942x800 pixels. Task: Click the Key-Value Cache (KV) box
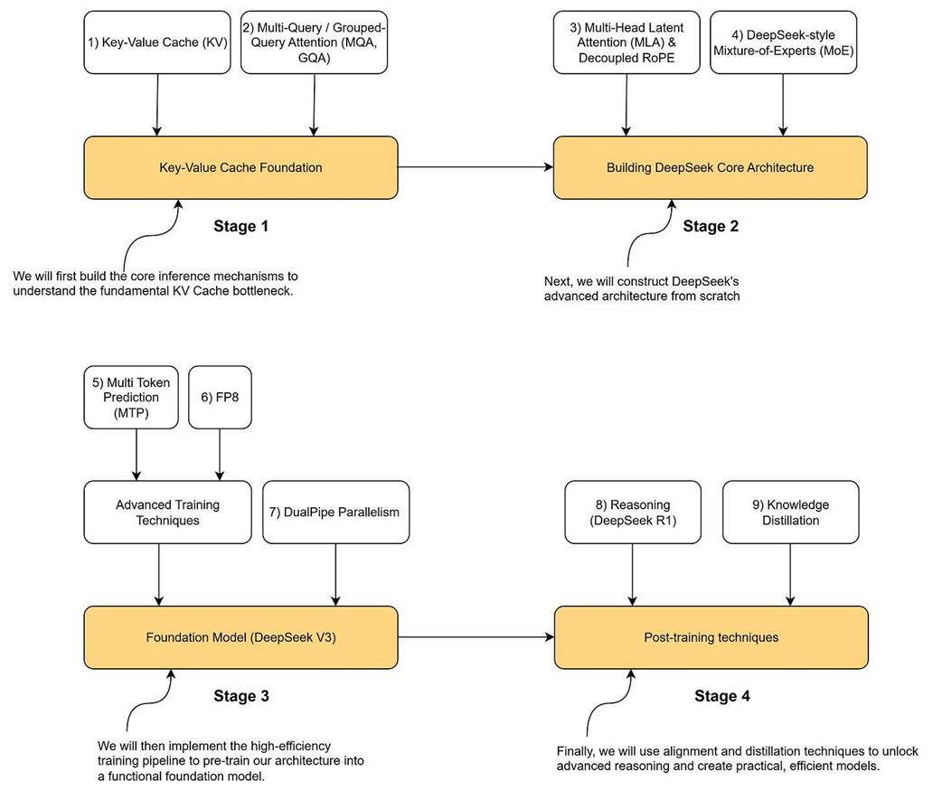point(157,42)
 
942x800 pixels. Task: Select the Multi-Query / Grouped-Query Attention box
point(315,42)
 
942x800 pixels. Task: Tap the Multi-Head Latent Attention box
point(626,42)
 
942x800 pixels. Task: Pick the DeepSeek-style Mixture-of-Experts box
point(784,42)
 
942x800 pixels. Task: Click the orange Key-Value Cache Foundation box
point(240,167)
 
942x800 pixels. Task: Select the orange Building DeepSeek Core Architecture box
point(710,167)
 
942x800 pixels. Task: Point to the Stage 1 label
point(240,226)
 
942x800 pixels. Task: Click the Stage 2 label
point(711,226)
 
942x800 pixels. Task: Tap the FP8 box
point(220,398)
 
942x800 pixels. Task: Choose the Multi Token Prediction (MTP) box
point(131,398)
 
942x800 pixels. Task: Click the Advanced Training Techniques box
point(167,513)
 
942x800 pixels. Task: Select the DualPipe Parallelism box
point(335,513)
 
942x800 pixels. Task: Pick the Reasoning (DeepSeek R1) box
point(633,513)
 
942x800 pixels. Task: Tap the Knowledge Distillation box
point(791,513)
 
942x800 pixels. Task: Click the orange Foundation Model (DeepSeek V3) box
point(240,637)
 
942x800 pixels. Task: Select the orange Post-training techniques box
point(711,637)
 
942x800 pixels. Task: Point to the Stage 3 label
point(241,696)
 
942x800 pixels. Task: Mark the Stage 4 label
point(722,696)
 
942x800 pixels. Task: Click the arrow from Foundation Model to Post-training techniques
point(476,637)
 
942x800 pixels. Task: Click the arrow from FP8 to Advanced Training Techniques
point(220,455)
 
